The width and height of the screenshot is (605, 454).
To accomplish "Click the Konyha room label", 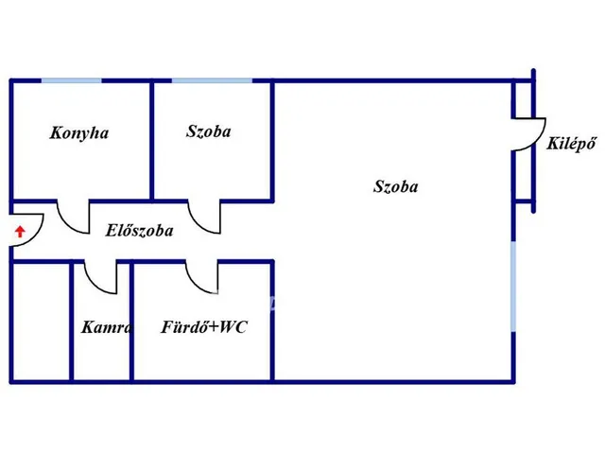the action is click(x=79, y=133).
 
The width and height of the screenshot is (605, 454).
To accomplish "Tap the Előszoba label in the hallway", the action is click(x=139, y=231).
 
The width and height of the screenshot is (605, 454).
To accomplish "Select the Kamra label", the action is click(x=107, y=327).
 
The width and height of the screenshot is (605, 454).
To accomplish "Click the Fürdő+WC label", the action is click(x=204, y=327).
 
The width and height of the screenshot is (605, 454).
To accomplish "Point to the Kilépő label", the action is click(x=571, y=144).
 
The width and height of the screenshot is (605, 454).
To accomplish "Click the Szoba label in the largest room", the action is click(x=395, y=186).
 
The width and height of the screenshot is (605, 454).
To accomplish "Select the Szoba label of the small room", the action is click(x=209, y=131).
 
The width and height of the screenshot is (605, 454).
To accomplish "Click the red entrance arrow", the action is click(x=20, y=232).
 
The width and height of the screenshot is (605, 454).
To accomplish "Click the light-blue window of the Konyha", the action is click(x=72, y=80).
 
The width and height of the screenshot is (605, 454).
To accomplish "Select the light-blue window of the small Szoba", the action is click(x=212, y=80).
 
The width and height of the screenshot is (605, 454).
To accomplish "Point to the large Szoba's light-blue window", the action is click(x=513, y=286).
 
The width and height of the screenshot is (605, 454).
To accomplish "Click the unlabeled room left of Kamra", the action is click(x=41, y=322).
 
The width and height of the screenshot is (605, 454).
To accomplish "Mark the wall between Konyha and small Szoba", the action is click(x=152, y=141).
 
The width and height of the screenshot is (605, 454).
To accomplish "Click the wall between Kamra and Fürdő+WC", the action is click(x=131, y=322).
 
